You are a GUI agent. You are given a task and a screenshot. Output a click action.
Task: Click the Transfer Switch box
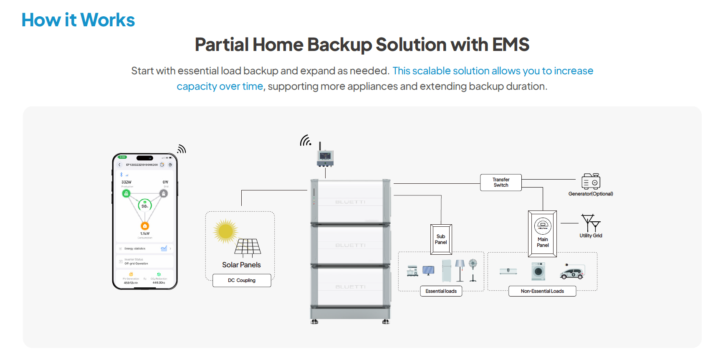(x=501, y=183)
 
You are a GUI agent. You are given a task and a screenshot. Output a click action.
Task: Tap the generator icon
(x=591, y=182)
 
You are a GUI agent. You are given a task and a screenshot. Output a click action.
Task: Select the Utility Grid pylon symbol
(x=590, y=223)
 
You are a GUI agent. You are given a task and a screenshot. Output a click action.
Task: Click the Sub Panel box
(x=441, y=239)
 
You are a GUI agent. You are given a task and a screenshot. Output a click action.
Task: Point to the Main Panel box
(x=542, y=233)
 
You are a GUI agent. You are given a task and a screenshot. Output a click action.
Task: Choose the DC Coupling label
(x=242, y=280)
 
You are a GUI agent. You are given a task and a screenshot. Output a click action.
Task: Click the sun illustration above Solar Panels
(x=225, y=231)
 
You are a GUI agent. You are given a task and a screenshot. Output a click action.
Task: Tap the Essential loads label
(x=441, y=291)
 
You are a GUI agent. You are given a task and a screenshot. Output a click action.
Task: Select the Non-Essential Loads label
(x=542, y=291)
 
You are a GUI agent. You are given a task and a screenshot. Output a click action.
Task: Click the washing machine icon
(x=538, y=271)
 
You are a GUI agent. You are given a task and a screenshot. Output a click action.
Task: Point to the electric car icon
(x=572, y=272)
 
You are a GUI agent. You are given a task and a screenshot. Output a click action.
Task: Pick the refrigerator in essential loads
(x=446, y=271)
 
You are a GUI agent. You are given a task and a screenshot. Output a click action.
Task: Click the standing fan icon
(x=473, y=270)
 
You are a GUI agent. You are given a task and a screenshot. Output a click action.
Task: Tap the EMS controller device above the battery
(x=325, y=158)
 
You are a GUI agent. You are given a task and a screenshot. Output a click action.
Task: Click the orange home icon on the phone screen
(x=145, y=226)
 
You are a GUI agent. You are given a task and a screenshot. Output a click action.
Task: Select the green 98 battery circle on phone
(x=144, y=205)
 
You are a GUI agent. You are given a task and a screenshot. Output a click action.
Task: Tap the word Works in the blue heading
(x=107, y=20)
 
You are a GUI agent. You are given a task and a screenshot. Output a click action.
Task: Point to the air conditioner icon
(x=508, y=271)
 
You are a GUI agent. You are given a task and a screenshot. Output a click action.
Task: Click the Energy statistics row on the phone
(x=144, y=248)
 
